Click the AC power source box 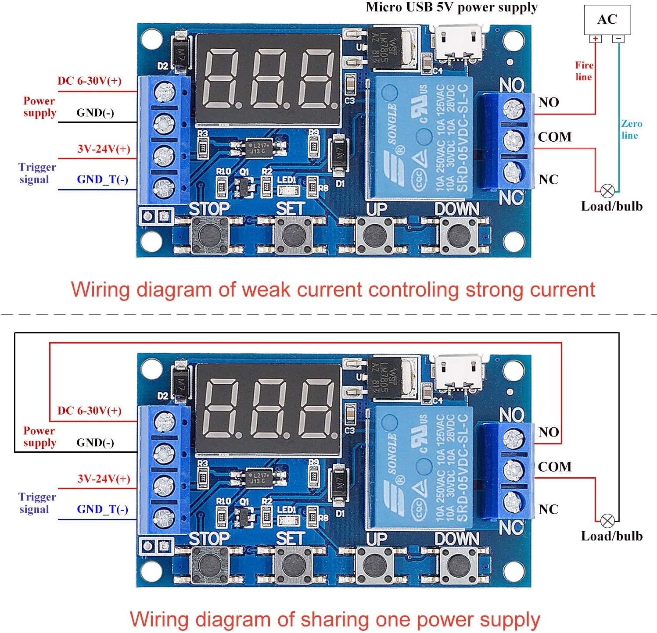pos(607,20)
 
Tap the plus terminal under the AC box pos(596,39)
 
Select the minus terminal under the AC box pos(618,39)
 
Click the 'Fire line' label pos(584,71)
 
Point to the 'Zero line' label pos(631,129)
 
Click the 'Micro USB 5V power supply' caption pos(451,7)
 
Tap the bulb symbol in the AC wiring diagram pos(607,191)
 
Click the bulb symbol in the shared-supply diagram pos(607,521)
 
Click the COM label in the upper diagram pos(555,137)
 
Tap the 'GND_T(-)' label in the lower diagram pos(102,509)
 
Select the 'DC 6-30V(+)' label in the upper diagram pos(90,81)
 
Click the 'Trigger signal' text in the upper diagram pos(37,173)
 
